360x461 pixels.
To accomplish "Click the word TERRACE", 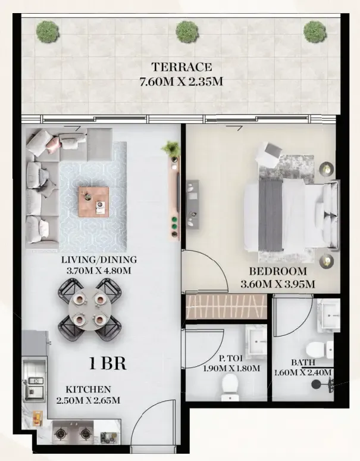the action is (181, 67).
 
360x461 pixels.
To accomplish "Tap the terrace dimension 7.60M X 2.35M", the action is (181, 82).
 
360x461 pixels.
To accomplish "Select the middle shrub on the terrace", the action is (187, 32).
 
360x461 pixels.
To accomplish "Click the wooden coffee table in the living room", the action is (93, 201).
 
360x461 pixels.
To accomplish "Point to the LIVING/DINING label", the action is (99, 260).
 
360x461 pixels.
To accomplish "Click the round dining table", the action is (90, 310).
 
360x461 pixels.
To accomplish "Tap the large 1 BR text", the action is (108, 363).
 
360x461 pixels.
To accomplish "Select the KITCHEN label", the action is (88, 390).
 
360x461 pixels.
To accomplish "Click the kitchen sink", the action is (34, 386).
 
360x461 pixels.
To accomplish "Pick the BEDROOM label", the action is (278, 271).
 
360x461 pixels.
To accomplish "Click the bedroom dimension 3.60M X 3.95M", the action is (278, 284).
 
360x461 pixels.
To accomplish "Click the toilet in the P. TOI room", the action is (230, 387).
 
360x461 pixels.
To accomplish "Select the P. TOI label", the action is (231, 359).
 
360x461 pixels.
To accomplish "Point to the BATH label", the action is (303, 363).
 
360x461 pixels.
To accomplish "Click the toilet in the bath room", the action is (320, 350).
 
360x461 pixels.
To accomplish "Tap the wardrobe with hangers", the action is (226, 307).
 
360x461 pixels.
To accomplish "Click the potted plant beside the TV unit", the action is (171, 148).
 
